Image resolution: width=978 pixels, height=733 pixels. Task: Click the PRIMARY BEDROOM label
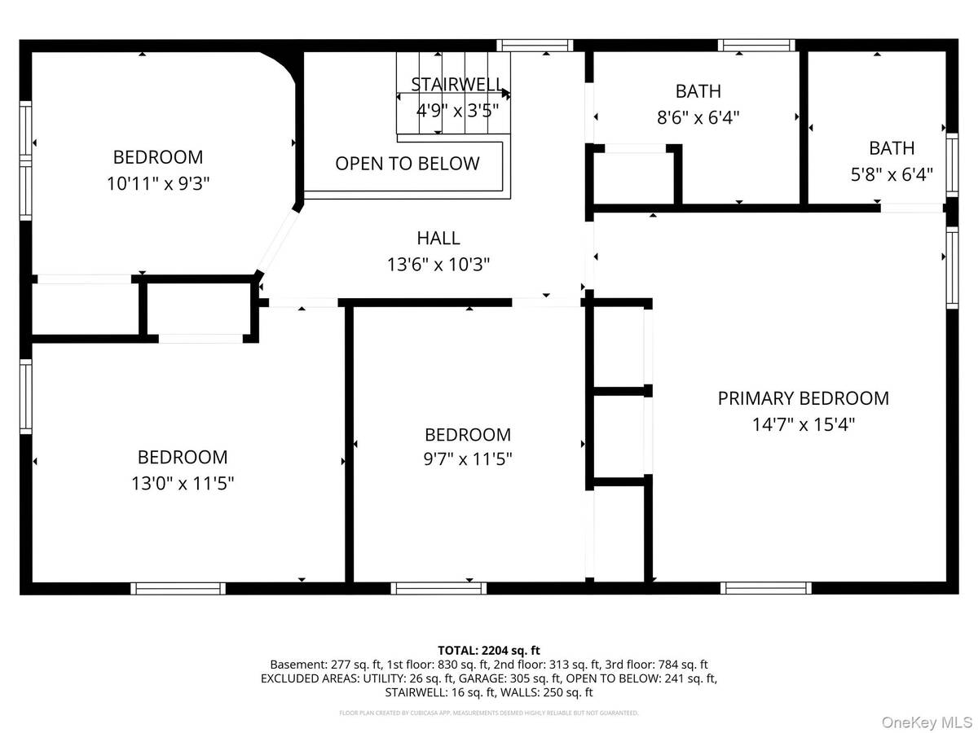pyautogui.click(x=803, y=398)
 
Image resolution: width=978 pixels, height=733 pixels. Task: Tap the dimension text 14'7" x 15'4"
pyautogui.click(x=803, y=424)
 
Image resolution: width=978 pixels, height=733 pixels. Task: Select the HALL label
pyautogui.click(x=438, y=238)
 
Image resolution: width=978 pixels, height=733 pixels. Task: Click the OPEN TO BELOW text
pyautogui.click(x=407, y=164)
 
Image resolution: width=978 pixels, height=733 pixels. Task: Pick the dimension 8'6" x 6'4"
pyautogui.click(x=698, y=117)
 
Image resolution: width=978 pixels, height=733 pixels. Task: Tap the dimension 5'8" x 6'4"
pyautogui.click(x=891, y=174)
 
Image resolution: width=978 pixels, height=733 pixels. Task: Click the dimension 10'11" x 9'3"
pyautogui.click(x=158, y=183)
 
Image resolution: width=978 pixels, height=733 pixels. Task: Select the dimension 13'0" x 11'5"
pyautogui.click(x=183, y=483)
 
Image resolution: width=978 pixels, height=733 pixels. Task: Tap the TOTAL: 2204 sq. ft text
pyautogui.click(x=489, y=650)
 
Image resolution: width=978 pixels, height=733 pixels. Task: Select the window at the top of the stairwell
pyautogui.click(x=535, y=46)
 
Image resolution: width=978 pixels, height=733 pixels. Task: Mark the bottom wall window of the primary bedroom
pyautogui.click(x=766, y=588)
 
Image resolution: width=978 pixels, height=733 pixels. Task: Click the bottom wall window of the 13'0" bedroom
pyautogui.click(x=178, y=588)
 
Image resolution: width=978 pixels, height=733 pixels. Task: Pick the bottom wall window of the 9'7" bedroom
pyautogui.click(x=438, y=588)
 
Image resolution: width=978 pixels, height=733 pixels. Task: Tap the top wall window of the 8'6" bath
pyautogui.click(x=756, y=46)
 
